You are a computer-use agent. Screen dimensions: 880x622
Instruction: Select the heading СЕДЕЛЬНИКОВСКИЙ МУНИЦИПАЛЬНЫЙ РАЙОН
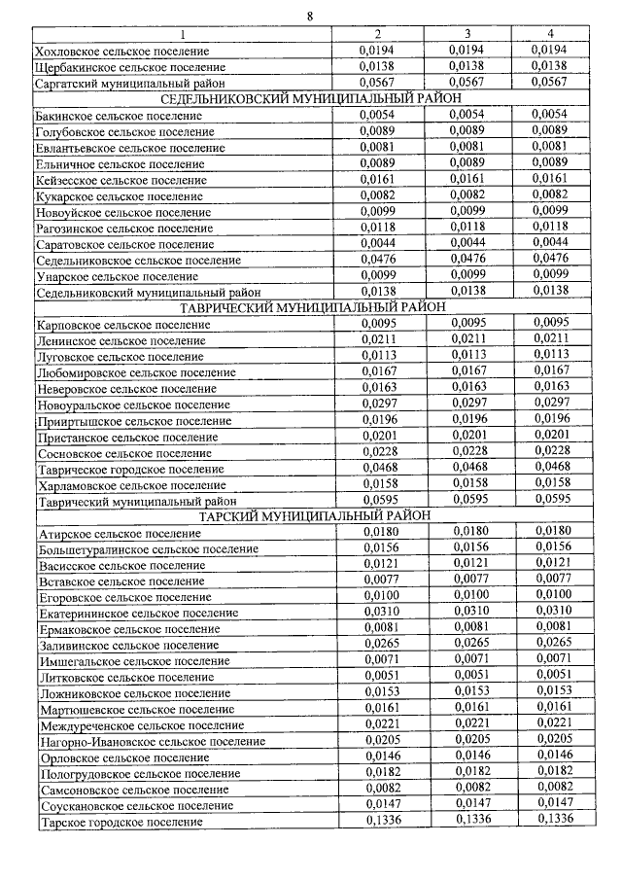pyautogui.click(x=310, y=98)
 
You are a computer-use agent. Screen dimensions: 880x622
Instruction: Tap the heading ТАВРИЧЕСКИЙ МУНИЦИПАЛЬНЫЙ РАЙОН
pyautogui.click(x=310, y=307)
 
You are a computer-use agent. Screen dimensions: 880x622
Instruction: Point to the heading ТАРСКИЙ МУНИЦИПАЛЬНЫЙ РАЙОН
pyautogui.click(x=310, y=515)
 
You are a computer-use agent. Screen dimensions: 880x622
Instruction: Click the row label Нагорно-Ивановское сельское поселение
pyautogui.click(x=151, y=741)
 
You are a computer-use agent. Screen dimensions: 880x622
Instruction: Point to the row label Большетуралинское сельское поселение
pyautogui.click(x=148, y=549)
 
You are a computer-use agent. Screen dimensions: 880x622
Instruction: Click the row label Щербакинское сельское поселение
pyautogui.click(x=129, y=67)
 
